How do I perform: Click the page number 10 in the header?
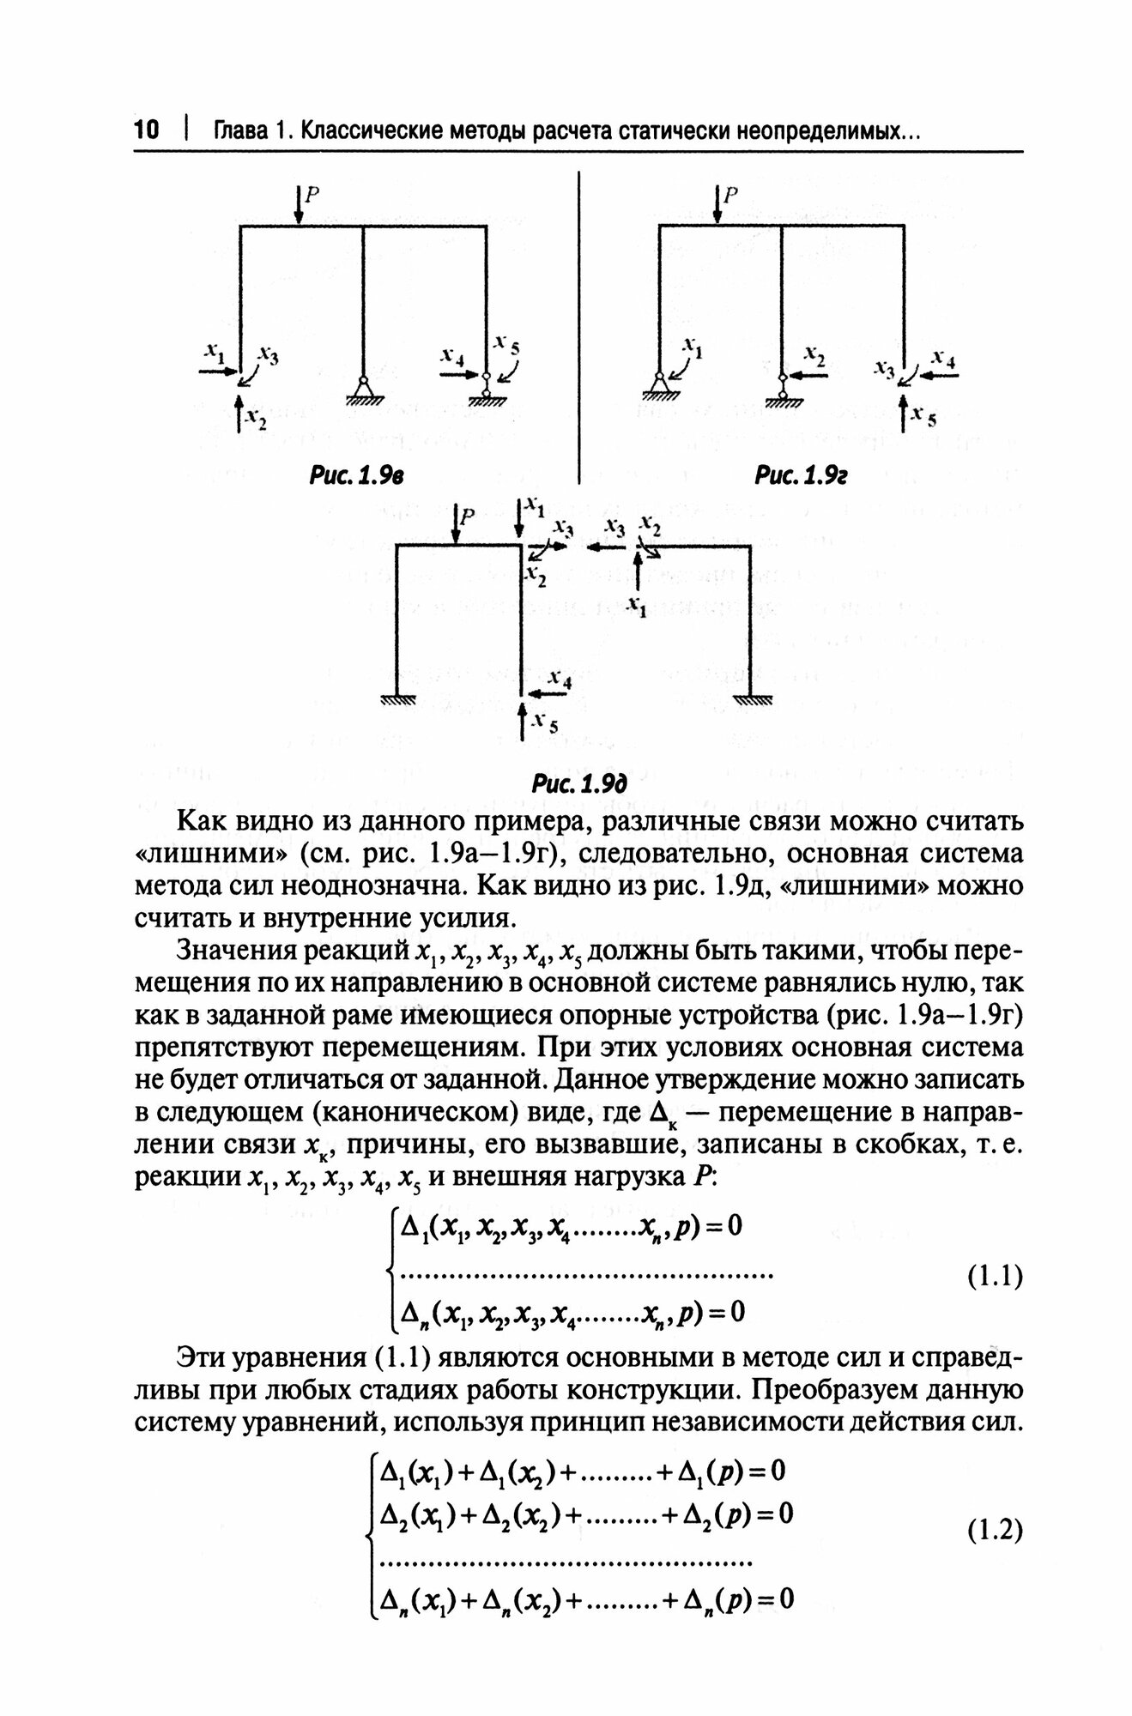147,130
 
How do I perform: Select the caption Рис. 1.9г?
801,474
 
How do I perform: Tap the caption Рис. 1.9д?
581,783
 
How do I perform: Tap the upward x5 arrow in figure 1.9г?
904,415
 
